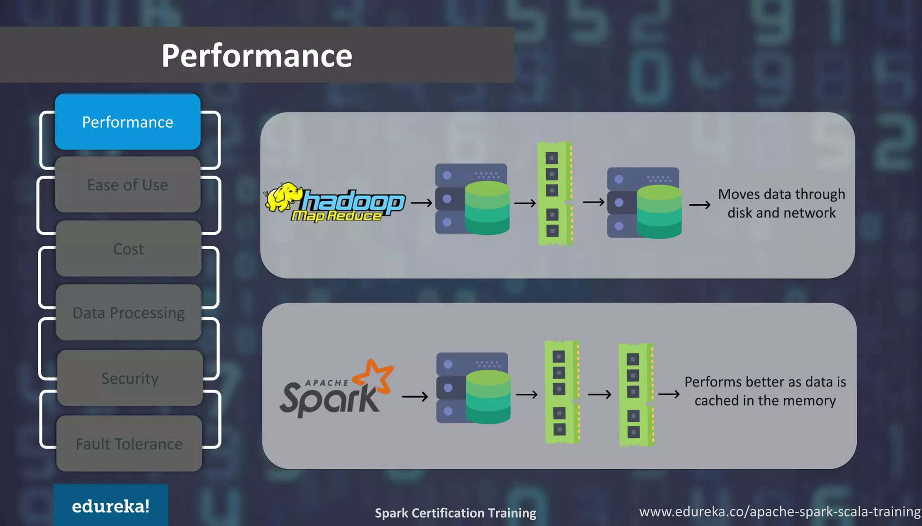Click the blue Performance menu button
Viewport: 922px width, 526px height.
click(x=127, y=122)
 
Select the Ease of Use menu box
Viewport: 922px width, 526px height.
click(x=127, y=185)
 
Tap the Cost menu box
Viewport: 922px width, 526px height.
click(x=128, y=249)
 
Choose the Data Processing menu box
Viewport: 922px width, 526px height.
click(x=128, y=313)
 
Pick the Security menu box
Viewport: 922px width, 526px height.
click(x=130, y=378)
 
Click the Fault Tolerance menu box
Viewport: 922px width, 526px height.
click(x=129, y=444)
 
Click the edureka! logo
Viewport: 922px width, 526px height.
click(x=111, y=506)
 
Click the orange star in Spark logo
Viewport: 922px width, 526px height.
click(x=375, y=375)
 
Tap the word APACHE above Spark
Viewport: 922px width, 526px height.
click(x=327, y=383)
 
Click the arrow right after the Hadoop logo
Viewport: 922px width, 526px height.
click(x=421, y=203)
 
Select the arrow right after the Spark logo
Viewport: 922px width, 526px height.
click(x=415, y=396)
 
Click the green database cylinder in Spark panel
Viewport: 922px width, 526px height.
click(x=488, y=397)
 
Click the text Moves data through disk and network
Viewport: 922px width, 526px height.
click(x=782, y=203)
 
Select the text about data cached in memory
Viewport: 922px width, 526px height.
click(x=765, y=391)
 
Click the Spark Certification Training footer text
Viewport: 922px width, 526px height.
click(x=455, y=513)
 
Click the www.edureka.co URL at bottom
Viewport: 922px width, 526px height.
click(x=779, y=512)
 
